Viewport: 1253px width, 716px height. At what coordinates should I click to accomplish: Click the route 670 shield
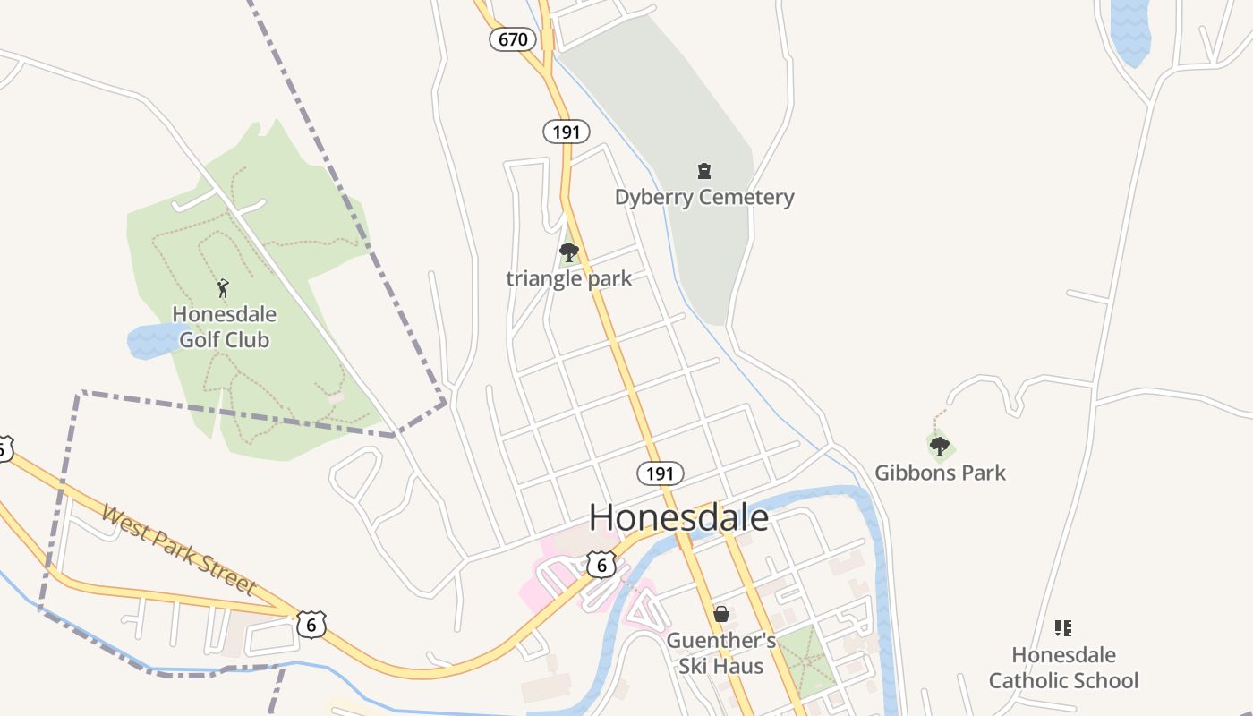513,39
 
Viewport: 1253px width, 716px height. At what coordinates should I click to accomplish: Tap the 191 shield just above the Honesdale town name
661,473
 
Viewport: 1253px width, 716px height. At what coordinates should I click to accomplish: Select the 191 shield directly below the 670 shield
567,132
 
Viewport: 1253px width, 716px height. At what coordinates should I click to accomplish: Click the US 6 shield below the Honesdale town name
602,564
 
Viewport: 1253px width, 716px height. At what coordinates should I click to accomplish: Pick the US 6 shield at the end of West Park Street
311,624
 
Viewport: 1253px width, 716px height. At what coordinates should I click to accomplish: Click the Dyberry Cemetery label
704,197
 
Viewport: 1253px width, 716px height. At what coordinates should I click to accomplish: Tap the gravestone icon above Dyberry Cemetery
704,170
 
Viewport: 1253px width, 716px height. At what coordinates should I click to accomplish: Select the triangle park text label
569,278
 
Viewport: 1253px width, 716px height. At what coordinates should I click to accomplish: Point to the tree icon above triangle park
568,252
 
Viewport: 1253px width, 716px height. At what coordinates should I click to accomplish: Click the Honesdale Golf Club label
224,327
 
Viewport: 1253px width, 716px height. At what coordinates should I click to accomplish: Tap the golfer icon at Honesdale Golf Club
223,288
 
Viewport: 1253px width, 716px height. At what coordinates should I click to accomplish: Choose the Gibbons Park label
940,473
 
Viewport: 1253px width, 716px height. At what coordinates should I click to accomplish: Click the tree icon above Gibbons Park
939,445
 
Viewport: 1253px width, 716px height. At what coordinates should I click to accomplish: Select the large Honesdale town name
678,517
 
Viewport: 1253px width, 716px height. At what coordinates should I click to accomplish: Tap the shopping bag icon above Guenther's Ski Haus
720,614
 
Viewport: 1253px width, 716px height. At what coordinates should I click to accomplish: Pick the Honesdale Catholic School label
1063,668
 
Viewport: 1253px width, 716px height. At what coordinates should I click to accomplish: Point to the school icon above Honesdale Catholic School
1063,628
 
